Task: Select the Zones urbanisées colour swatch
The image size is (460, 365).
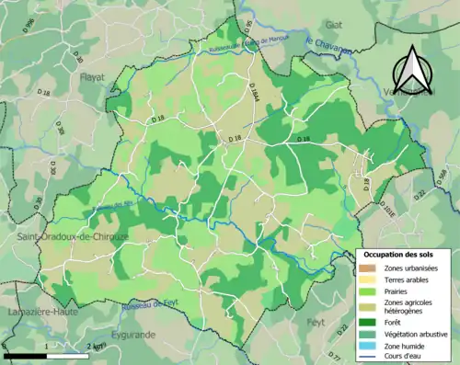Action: click(369, 268)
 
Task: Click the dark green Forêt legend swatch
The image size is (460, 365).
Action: click(369, 322)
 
